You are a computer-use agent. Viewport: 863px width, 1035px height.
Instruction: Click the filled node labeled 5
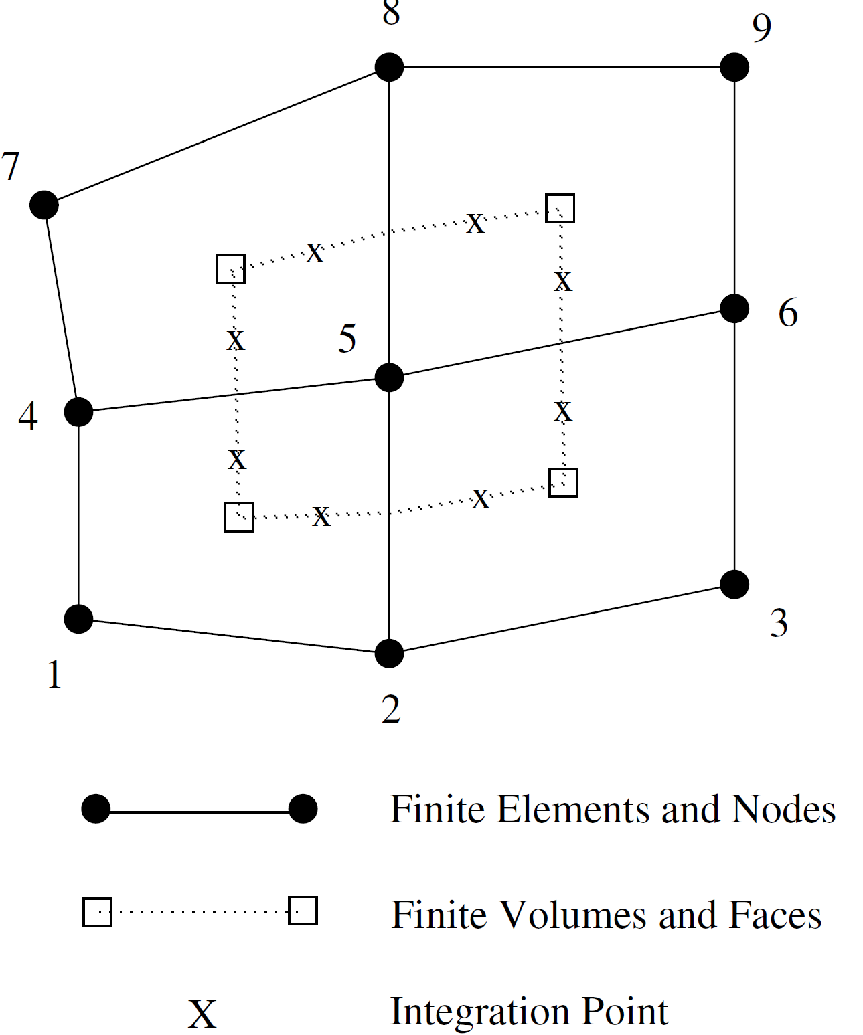click(389, 377)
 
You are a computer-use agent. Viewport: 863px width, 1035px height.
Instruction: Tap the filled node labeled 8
click(389, 67)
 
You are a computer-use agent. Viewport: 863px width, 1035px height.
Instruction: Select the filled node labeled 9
click(734, 67)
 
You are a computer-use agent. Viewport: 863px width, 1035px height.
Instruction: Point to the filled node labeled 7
click(44, 204)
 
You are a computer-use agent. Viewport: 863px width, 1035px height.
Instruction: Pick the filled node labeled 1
click(78, 619)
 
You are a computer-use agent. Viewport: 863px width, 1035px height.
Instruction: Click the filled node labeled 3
click(734, 584)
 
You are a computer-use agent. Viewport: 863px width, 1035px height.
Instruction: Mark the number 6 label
click(788, 313)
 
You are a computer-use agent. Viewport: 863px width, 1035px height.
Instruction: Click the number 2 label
click(391, 709)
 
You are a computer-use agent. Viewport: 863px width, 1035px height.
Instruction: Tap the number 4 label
click(28, 416)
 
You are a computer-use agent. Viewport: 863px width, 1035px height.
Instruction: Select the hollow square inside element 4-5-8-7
click(230, 268)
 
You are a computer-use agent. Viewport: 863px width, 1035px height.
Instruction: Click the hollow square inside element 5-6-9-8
click(560, 208)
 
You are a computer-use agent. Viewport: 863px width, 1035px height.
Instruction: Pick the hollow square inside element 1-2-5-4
click(239, 517)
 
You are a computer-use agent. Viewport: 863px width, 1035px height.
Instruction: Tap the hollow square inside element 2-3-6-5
click(563, 482)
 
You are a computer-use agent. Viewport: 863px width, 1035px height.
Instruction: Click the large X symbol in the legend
click(202, 1014)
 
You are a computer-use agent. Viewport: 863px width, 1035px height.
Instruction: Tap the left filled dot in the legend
click(96, 809)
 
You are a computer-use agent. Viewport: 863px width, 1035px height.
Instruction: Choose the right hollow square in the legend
click(303, 911)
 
